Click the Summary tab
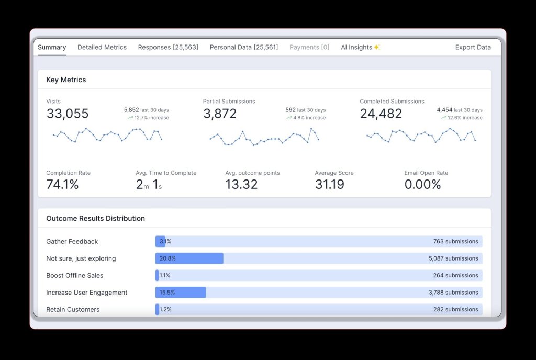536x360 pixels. [x=52, y=47]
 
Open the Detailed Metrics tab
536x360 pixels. [x=102, y=47]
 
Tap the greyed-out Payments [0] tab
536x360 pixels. [x=309, y=47]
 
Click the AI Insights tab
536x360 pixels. [x=360, y=47]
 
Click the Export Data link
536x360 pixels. [x=473, y=47]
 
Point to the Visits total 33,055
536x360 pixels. [x=68, y=114]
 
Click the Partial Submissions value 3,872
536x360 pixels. [x=220, y=114]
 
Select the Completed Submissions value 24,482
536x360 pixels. [x=381, y=114]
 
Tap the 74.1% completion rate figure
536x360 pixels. [x=62, y=184]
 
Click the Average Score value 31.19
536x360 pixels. [x=330, y=184]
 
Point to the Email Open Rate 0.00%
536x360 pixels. [x=422, y=184]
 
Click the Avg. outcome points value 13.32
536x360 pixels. [x=241, y=184]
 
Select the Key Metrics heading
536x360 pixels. [x=66, y=80]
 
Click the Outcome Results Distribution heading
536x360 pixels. [x=95, y=218]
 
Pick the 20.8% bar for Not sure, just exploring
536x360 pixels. [x=189, y=258]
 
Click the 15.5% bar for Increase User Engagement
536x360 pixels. [x=181, y=292]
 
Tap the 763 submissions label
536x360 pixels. [x=455, y=241]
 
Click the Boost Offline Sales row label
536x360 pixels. [x=75, y=275]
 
